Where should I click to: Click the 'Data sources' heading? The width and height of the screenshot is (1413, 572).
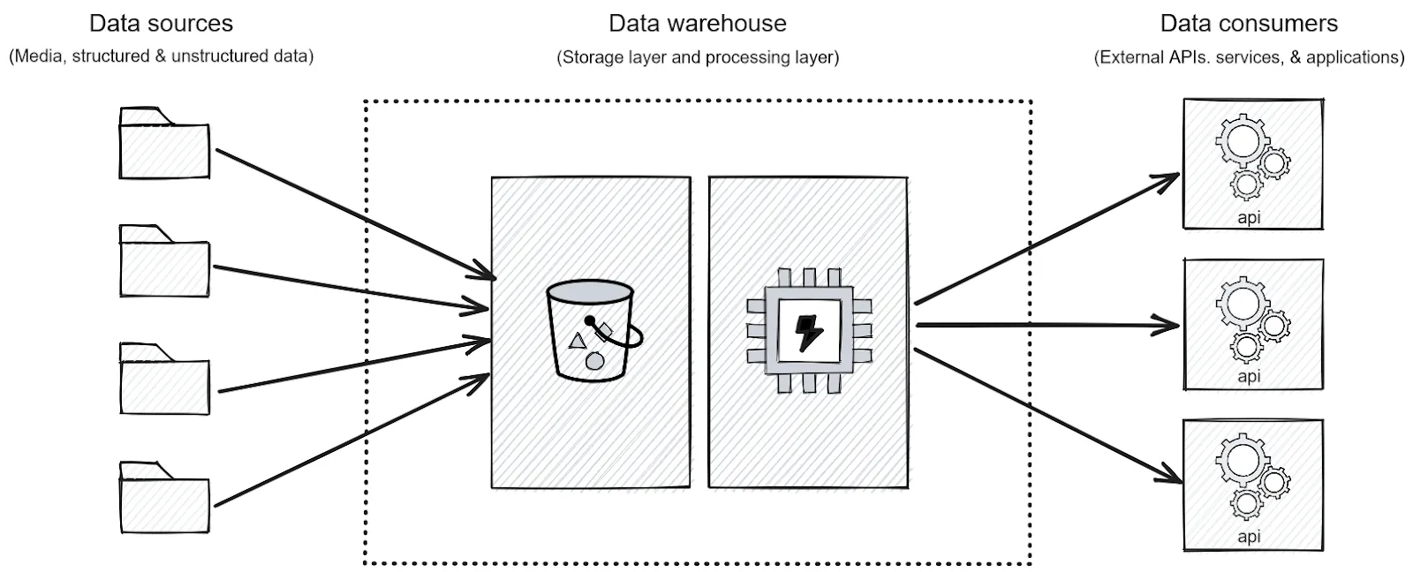162,24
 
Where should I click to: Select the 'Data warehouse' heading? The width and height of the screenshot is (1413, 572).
698,24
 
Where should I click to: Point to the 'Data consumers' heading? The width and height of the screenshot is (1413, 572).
1249,24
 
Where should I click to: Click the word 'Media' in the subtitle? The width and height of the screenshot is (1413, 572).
39,56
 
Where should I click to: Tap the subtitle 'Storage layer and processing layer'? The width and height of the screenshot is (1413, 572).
698,57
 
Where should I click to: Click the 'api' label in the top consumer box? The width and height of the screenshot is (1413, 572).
1249,217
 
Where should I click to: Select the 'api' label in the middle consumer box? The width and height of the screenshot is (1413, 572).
1249,377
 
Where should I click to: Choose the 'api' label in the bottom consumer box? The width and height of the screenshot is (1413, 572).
1249,537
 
